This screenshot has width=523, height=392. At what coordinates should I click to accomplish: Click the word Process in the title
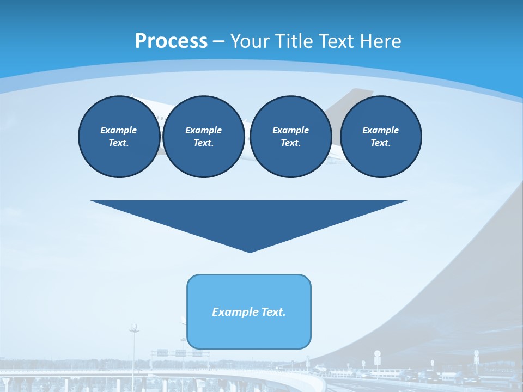[171, 41]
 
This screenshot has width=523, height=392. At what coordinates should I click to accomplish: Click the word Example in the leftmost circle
[119, 130]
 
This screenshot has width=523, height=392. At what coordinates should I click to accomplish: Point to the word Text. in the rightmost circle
[380, 143]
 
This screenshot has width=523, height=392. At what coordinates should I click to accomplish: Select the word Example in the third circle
[290, 130]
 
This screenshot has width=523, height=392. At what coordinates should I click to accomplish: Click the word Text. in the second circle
[203, 143]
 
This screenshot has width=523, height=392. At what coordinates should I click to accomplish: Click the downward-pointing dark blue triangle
[249, 218]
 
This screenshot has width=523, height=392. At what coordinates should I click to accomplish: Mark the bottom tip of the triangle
[250, 251]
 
